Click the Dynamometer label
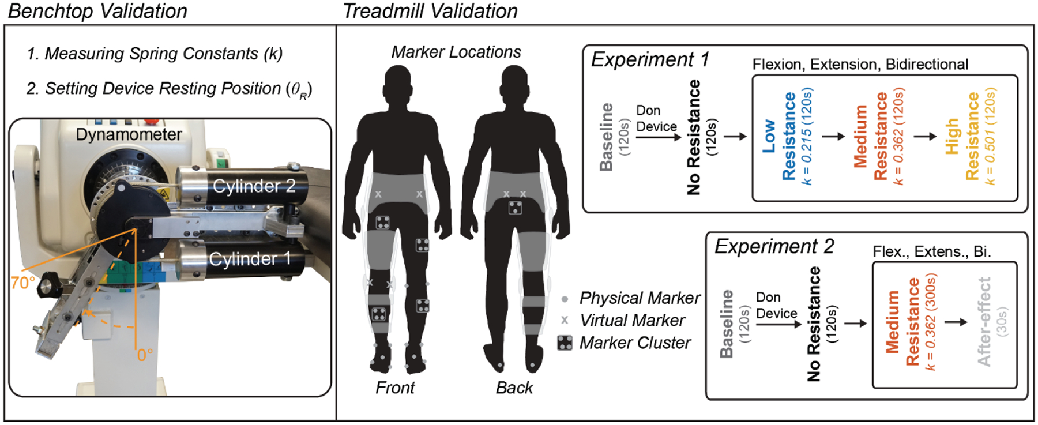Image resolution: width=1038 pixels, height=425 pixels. click(129, 134)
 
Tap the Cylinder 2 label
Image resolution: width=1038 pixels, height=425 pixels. click(253, 186)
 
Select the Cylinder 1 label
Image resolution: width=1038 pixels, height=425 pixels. click(249, 259)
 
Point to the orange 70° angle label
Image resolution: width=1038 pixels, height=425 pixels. click(22, 283)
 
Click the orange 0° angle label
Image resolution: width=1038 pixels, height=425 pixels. click(145, 355)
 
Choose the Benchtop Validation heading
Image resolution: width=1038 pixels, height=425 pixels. click(97, 11)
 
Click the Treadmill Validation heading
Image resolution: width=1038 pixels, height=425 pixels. click(430, 11)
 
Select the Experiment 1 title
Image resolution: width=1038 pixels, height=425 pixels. click(650, 59)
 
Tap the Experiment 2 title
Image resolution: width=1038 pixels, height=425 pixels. click(774, 246)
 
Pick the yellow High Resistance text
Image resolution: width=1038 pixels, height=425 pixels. click(962, 137)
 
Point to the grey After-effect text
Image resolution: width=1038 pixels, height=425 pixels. click(984, 322)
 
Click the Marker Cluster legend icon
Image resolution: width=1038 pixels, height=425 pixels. click(565, 343)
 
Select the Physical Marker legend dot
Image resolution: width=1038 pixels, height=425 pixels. click(565, 299)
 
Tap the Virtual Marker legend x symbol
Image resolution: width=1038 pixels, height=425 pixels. click(565, 320)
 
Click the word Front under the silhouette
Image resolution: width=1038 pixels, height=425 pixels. click(394, 388)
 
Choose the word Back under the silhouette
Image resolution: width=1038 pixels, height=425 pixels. click(514, 388)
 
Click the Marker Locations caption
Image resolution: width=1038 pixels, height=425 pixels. click(456, 52)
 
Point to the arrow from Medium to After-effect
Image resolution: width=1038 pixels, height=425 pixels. click(956, 322)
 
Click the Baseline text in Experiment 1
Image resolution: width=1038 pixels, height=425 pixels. click(606, 137)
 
